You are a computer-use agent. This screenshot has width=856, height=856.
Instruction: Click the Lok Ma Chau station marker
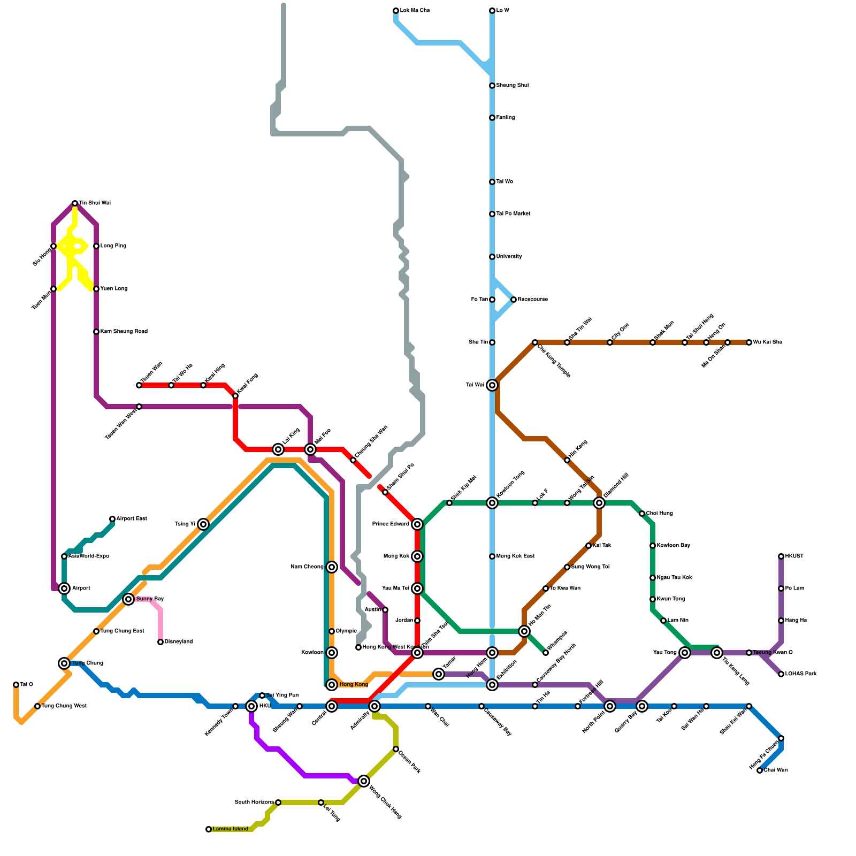click(396, 11)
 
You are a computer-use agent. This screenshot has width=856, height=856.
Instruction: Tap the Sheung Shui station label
click(512, 86)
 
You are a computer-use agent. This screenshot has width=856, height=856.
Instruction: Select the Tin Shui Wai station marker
click(75, 203)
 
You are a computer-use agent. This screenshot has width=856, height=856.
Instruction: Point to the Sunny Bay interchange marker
click(128, 599)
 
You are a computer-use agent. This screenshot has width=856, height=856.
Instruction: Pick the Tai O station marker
click(16, 685)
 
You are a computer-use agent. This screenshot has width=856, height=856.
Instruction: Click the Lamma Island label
click(230, 829)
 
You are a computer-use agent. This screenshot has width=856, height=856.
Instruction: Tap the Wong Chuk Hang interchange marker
click(364, 781)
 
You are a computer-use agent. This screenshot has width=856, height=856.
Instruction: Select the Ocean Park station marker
click(396, 749)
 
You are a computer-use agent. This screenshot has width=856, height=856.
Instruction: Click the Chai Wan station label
click(776, 770)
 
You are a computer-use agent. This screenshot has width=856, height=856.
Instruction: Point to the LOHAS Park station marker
click(781, 674)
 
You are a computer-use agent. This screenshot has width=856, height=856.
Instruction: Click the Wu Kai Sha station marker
click(749, 342)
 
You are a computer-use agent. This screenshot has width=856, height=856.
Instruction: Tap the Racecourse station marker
click(514, 300)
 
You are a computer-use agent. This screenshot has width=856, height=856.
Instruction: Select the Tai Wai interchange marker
click(492, 385)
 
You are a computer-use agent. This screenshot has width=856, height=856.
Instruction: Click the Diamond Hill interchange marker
click(599, 503)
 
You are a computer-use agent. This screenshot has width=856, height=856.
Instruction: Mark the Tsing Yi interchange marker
click(203, 524)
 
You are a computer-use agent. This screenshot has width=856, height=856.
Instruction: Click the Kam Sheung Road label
click(124, 332)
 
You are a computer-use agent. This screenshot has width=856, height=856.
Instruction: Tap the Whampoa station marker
click(546, 653)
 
